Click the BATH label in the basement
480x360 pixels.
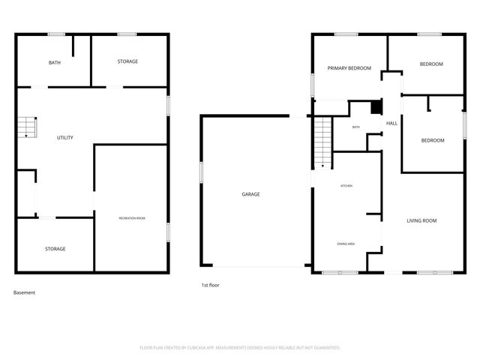(55, 62)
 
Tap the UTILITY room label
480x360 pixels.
(65, 138)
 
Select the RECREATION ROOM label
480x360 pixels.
(132, 217)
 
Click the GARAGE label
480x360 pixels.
(250, 194)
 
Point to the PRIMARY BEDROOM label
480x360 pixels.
(349, 68)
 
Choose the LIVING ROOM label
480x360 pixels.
(421, 220)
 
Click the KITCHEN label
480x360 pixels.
(346, 185)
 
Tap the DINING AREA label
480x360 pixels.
(346, 244)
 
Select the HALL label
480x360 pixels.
(391, 124)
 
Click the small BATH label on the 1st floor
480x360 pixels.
(356, 127)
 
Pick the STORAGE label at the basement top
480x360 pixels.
(127, 61)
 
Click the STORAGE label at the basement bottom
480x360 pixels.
(55, 248)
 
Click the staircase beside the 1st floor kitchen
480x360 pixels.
(322, 142)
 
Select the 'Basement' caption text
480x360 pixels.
(25, 292)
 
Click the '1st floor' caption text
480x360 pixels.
(210, 285)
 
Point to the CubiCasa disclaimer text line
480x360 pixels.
(240, 348)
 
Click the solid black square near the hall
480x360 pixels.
(376, 107)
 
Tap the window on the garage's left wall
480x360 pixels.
(201, 171)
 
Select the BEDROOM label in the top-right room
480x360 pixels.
(431, 64)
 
